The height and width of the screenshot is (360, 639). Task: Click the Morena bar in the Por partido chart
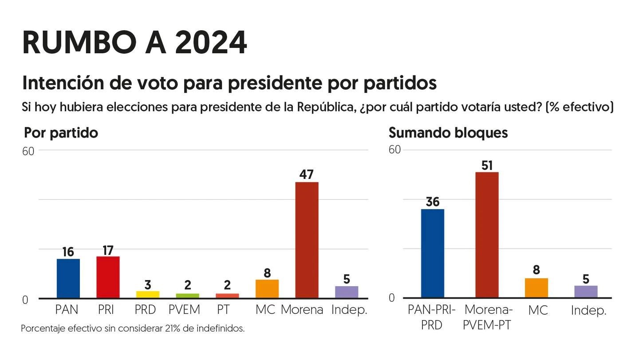tap(307, 240)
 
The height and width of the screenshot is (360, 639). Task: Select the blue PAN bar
tap(68, 278)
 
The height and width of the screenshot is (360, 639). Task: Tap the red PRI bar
tap(108, 277)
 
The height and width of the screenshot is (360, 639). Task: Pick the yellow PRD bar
tap(148, 294)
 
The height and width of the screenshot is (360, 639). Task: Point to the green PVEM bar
tap(187, 296)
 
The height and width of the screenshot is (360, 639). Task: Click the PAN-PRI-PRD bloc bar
tap(432, 253)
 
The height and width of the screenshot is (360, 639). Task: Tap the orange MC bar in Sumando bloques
tap(536, 288)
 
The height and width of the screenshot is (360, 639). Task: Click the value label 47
tap(307, 174)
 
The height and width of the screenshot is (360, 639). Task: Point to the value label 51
tap(487, 166)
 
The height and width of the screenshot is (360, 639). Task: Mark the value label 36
tap(432, 202)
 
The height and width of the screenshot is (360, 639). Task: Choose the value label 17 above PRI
tap(108, 250)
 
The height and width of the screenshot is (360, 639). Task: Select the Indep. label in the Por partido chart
tap(349, 309)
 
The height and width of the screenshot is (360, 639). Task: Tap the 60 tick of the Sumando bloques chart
tap(394, 149)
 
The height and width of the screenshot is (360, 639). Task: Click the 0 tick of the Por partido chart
tap(25, 300)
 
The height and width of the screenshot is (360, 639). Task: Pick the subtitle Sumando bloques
tap(448, 132)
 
